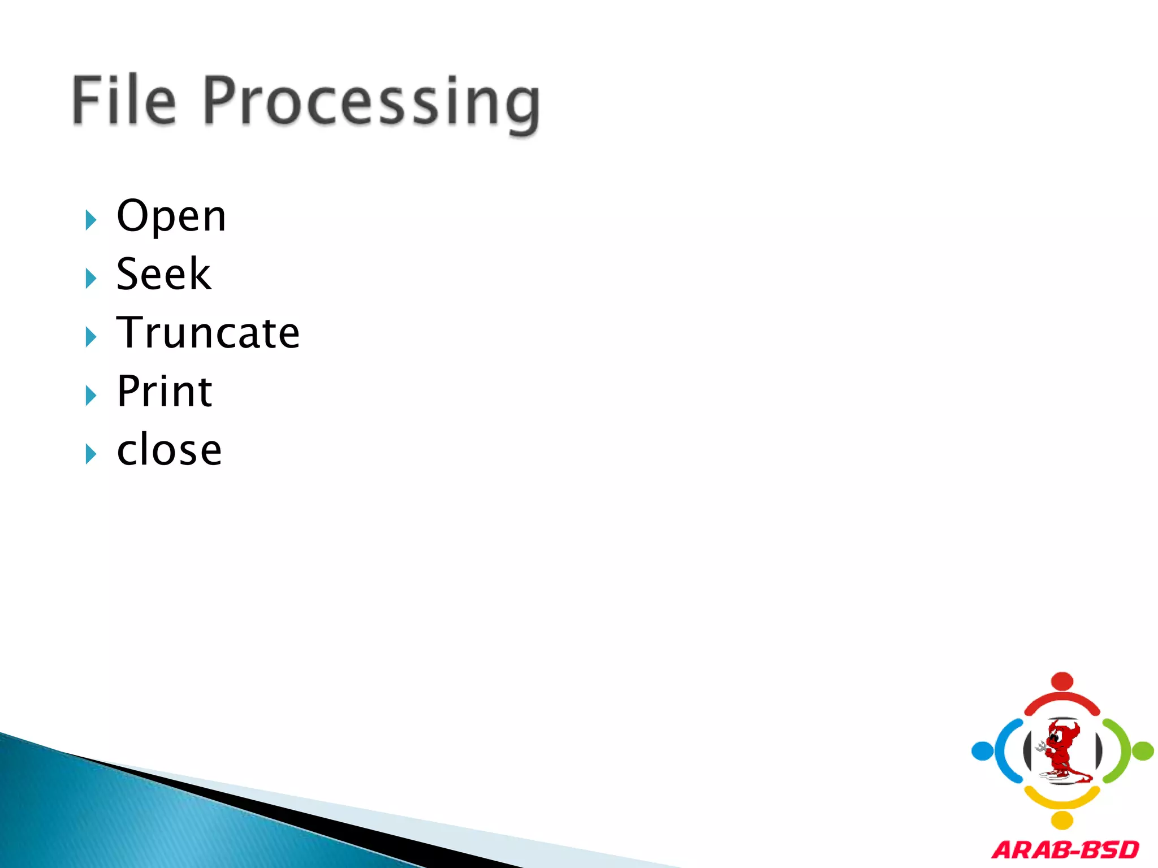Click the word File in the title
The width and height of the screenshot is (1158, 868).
coord(124,101)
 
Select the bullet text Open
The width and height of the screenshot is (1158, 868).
coord(171,217)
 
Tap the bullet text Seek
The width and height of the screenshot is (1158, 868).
coord(163,275)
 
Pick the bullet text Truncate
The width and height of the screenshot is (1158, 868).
coord(208,333)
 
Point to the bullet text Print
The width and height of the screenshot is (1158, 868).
coord(164,392)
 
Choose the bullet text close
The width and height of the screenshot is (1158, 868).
coord(169,450)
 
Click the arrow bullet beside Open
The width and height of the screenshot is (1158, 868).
coord(90,220)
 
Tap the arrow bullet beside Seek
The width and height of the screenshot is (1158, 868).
coord(90,279)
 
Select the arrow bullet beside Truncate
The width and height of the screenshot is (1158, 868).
coord(90,337)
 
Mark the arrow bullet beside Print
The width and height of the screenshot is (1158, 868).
coord(90,396)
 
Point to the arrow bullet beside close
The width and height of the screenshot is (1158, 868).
coord(90,454)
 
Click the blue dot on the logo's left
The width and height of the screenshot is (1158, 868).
coord(982,751)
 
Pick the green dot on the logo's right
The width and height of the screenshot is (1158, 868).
coord(1143,751)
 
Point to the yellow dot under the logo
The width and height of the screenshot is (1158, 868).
coord(1062,820)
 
